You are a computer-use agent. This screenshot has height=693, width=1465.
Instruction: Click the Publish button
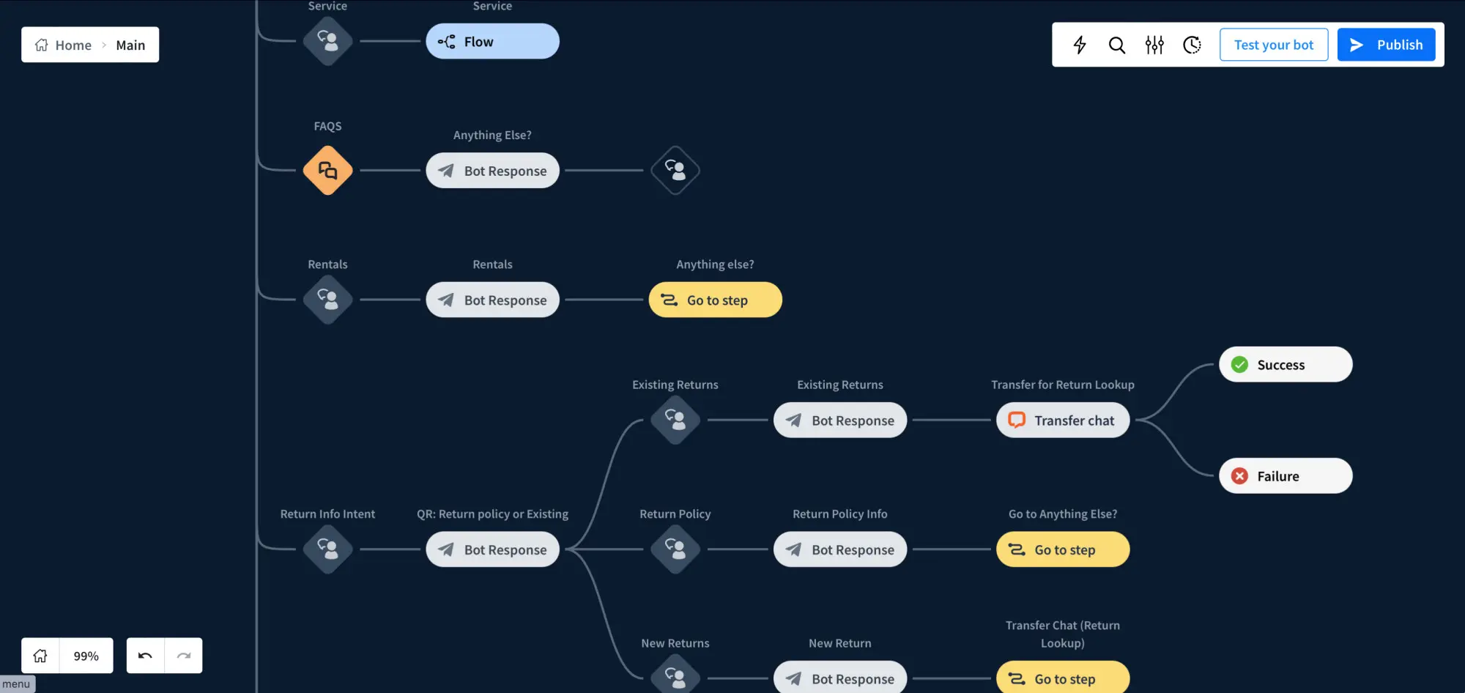1386,45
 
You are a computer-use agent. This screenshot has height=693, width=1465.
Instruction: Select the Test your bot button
1274,45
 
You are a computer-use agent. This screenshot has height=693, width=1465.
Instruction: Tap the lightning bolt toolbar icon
1080,45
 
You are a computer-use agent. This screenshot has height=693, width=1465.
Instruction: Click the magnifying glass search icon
1117,45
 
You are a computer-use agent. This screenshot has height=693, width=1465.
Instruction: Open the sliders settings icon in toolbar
1154,45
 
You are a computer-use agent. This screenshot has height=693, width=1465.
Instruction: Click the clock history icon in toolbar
1192,45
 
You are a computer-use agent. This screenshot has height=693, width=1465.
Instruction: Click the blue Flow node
492,42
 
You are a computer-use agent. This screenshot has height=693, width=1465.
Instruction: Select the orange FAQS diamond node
327,171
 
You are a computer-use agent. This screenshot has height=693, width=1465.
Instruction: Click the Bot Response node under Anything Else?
492,171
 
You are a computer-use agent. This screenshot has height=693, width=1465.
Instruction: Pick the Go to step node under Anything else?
715,300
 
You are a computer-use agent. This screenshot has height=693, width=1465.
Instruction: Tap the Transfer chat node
1063,420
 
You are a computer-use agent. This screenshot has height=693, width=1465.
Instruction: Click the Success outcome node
1286,364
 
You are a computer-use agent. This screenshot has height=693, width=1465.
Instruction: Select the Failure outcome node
1286,476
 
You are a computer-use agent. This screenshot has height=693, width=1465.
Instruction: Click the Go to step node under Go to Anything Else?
1063,549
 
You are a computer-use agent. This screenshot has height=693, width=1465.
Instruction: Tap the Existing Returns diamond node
675,420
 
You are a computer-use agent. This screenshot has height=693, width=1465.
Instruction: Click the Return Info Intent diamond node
327,549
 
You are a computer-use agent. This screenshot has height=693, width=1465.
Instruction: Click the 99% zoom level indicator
86,656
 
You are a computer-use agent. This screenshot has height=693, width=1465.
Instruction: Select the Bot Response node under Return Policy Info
840,549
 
